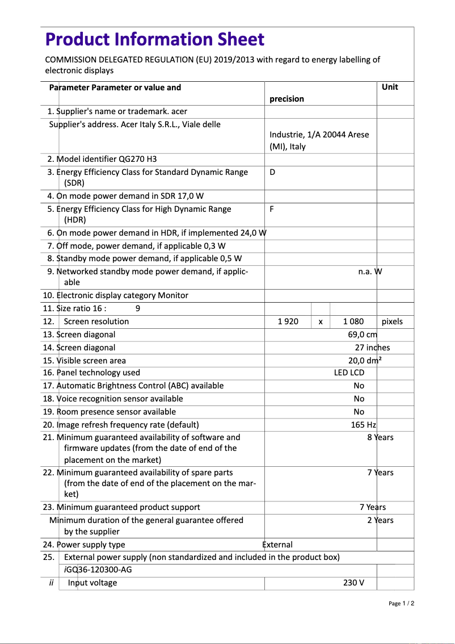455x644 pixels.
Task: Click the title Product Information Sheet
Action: point(154,39)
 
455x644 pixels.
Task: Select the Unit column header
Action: point(390,87)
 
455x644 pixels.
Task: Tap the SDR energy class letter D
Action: point(272,172)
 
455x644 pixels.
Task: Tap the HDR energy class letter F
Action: point(272,209)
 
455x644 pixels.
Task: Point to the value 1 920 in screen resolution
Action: point(288,321)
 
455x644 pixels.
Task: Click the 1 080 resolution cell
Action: point(353,321)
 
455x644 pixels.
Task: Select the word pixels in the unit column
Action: point(392,321)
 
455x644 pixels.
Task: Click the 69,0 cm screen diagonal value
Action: point(363,334)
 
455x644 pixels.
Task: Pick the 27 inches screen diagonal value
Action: point(372,348)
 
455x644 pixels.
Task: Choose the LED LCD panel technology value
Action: point(349,373)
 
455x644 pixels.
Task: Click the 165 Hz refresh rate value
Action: point(363,425)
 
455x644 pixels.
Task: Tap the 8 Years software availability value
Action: point(380,437)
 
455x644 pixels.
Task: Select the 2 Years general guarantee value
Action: point(380,520)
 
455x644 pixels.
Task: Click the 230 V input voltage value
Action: point(353,583)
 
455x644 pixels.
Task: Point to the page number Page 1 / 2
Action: point(401,603)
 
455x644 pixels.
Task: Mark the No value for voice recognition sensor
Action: point(359,399)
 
